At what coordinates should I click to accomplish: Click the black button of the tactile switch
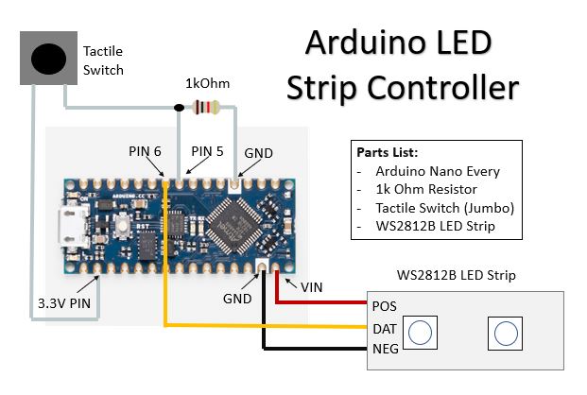coord(48,59)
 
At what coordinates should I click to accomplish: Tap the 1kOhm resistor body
coord(205,108)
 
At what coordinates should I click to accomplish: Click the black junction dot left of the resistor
coord(179,108)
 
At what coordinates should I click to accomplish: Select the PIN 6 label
coord(145,151)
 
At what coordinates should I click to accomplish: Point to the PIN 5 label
coord(207,151)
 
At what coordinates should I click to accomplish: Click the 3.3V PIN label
coord(64,303)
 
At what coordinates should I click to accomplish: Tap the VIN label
coord(312,287)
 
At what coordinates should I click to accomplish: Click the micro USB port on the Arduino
coord(71,228)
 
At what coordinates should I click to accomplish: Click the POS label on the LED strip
coord(384,306)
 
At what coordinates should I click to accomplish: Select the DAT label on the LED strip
coord(385,329)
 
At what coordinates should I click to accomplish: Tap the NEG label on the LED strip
coord(386,349)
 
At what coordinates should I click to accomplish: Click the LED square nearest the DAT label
coord(420,333)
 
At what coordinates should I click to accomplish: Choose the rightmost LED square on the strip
coord(506,334)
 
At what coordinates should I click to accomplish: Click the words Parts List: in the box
coord(388,152)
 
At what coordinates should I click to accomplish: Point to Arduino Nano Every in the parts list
coord(438,171)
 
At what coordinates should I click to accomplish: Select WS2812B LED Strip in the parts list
coord(436,226)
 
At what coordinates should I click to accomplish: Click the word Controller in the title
coord(443,88)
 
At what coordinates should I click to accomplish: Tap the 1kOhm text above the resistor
coord(207,83)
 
